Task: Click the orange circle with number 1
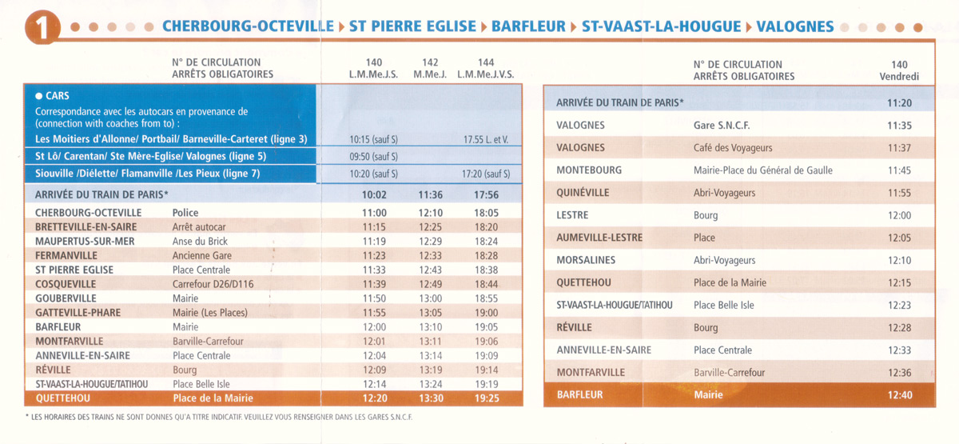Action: click(42, 27)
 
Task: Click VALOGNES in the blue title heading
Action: click(795, 26)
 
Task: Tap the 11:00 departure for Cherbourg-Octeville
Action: click(375, 213)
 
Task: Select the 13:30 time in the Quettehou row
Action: click(431, 398)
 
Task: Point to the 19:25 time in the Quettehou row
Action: click(487, 398)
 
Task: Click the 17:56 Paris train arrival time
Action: click(487, 195)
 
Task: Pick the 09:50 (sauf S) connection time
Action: click(373, 157)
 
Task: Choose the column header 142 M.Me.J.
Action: click(430, 69)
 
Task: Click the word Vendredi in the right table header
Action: click(899, 77)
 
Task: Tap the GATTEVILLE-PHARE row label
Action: click(78, 313)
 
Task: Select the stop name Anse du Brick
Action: click(200, 242)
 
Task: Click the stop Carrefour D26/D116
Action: click(213, 284)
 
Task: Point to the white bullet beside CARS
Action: click(39, 96)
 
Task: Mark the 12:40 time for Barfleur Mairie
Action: click(900, 395)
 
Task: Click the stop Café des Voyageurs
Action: click(733, 148)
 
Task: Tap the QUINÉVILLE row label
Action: click(583, 193)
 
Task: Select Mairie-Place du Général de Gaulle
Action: click(763, 170)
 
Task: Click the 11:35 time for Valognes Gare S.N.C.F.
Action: click(900, 126)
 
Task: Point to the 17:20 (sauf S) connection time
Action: click(486, 174)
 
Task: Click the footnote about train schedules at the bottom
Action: click(219, 417)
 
